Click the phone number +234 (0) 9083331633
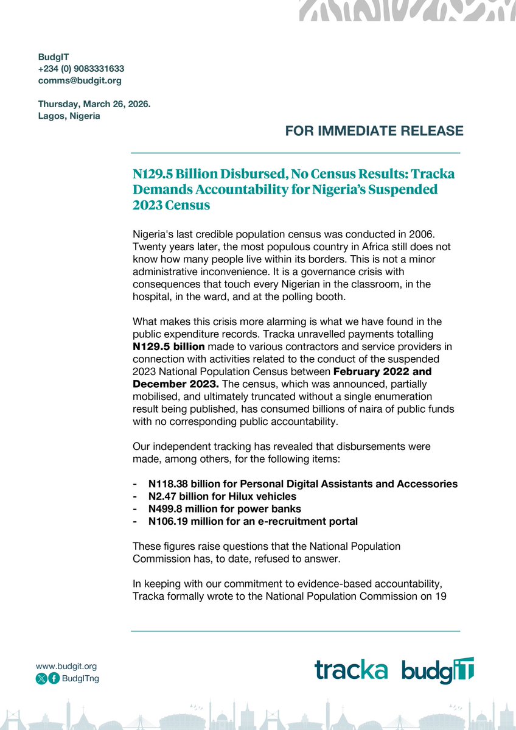81,69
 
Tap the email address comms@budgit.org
80,80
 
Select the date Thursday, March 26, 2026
94,104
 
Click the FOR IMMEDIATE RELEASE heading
374,131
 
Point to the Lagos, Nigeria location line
69,116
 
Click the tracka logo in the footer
351,670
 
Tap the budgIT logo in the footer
438,670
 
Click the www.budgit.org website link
66,666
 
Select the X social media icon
41,679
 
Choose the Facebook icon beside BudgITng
54,679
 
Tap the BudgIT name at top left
54,57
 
